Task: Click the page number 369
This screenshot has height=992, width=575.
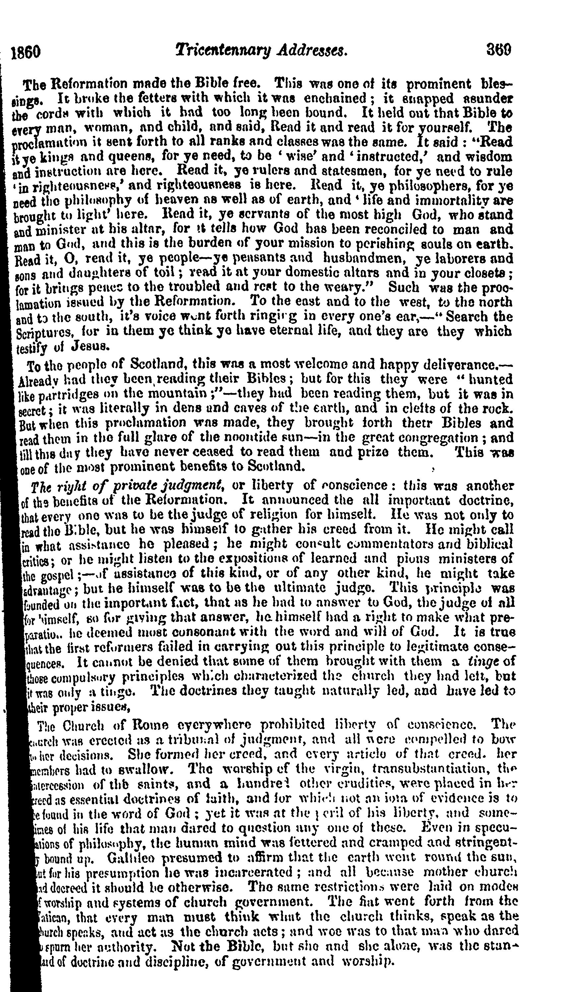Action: [499, 50]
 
